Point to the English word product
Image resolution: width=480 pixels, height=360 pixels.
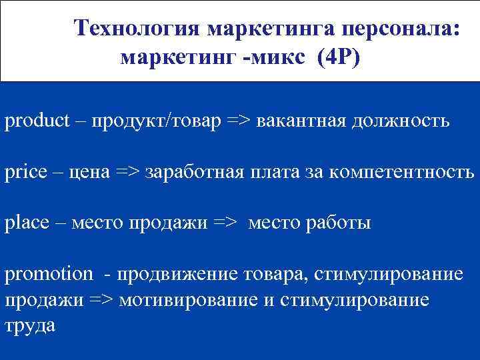[37, 122]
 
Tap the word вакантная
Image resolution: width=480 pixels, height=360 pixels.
[309, 122]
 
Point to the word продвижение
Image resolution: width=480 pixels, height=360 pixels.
[177, 273]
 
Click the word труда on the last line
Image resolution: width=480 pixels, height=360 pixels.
[30, 325]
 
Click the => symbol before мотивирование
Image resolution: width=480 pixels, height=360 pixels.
[101, 299]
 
